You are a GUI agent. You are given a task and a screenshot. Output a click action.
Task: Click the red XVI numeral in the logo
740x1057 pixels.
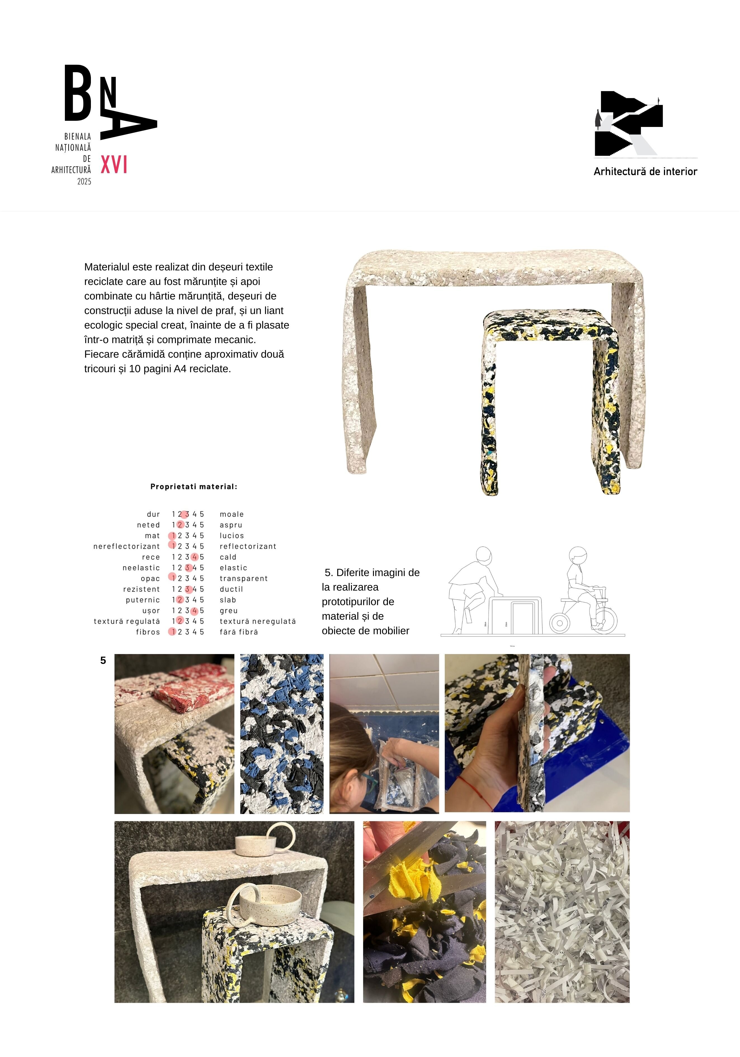pyautogui.click(x=114, y=165)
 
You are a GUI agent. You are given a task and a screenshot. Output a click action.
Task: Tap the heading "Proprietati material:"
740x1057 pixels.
pyautogui.click(x=194, y=487)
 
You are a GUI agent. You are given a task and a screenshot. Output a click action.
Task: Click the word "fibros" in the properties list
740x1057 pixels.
pyautogui.click(x=148, y=632)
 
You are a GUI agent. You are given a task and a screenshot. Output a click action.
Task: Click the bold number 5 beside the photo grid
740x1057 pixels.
pyautogui.click(x=103, y=660)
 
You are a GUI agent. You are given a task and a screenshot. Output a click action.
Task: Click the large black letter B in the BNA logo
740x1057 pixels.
pyautogui.click(x=78, y=93)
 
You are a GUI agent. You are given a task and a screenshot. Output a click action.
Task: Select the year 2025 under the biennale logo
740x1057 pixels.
pyautogui.click(x=84, y=182)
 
